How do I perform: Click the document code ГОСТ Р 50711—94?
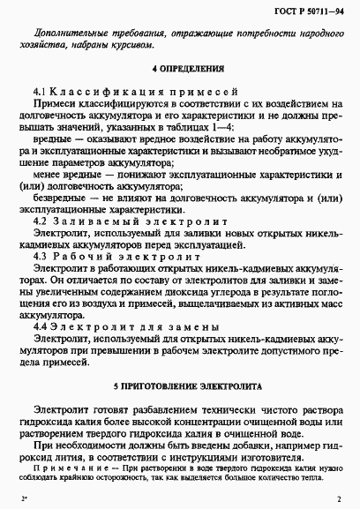305,10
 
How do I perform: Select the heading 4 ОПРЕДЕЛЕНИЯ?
180,69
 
